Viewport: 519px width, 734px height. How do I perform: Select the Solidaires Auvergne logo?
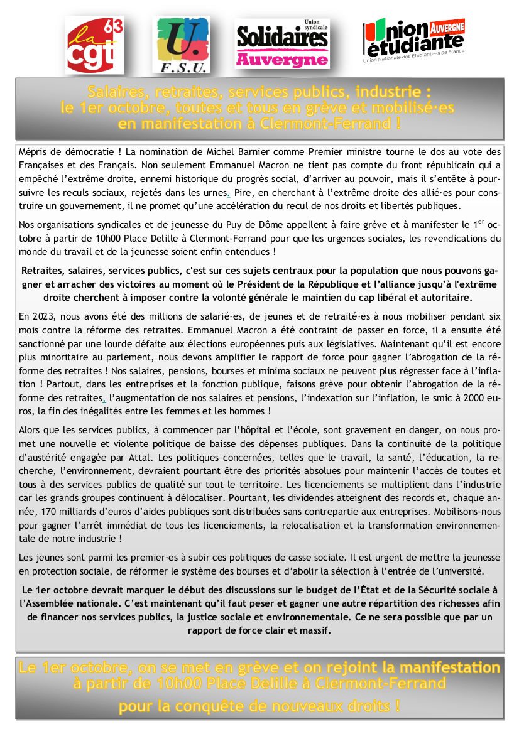click(281, 43)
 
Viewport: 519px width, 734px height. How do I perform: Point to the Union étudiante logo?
click(414, 40)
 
